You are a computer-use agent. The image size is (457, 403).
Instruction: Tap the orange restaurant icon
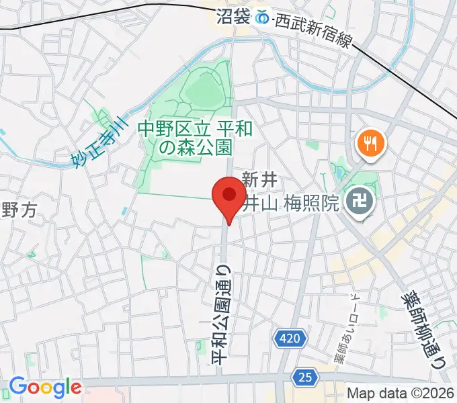point(370,142)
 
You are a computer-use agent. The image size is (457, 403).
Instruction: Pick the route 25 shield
point(305,378)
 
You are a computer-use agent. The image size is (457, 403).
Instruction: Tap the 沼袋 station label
point(233,17)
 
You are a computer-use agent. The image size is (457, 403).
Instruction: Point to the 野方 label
point(17,210)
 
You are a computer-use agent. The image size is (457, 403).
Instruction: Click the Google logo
point(45,388)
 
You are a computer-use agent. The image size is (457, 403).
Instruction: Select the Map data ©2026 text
point(399,394)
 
